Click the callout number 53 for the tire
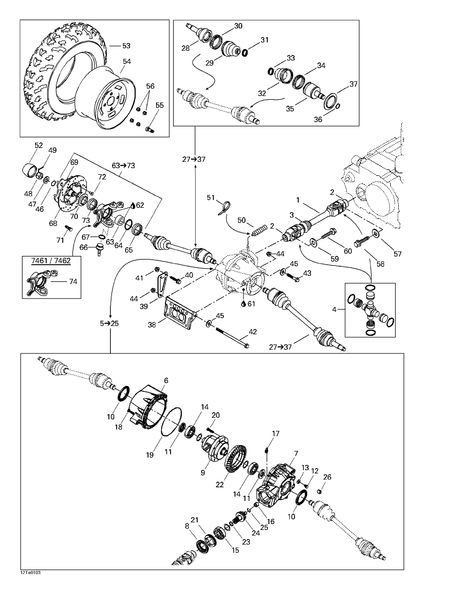[x=126, y=46]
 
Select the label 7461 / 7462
[x=51, y=261]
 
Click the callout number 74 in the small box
[x=73, y=282]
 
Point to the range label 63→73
[x=123, y=166]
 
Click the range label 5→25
[x=109, y=323]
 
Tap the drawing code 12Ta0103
[x=31, y=573]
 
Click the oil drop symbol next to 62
[x=133, y=206]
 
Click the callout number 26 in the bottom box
[x=327, y=477]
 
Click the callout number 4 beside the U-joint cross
[x=334, y=310]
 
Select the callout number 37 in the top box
[x=353, y=84]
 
